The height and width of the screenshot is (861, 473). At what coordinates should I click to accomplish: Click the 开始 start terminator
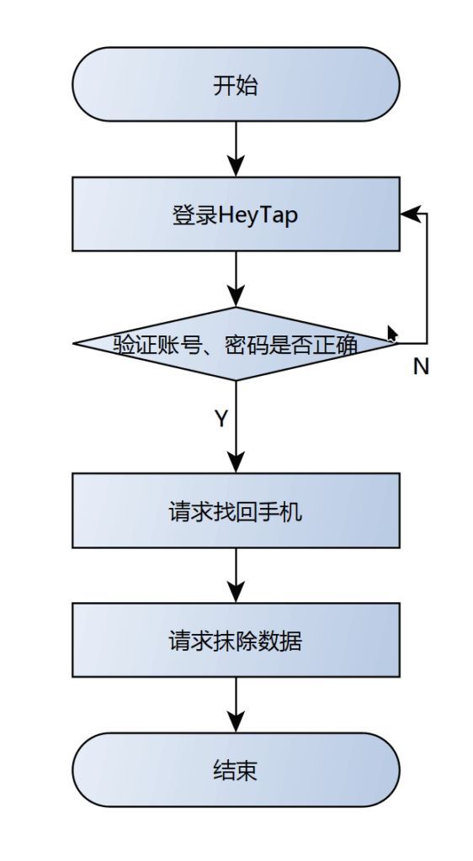point(236,84)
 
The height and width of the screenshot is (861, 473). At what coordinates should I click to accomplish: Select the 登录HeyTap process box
point(236,214)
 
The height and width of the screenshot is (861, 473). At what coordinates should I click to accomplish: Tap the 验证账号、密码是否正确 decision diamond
point(236,344)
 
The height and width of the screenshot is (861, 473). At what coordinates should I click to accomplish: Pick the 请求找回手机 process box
point(236,510)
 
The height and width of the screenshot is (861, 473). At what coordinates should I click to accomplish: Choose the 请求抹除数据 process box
point(236,640)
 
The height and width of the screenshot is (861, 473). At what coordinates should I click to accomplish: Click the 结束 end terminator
point(236,770)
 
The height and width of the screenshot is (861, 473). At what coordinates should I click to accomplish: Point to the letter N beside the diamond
point(421,367)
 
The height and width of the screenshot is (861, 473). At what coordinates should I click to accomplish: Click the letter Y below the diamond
point(221,419)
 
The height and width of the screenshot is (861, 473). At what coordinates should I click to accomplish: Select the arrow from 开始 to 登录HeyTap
point(236,149)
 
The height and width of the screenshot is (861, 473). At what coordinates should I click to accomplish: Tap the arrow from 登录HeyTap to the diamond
point(236,279)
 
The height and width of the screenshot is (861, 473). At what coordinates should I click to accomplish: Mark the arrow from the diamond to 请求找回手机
point(236,426)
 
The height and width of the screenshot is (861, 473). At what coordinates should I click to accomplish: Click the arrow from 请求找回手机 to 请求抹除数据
point(236,575)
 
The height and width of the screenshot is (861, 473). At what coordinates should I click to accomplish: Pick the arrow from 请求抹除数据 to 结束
point(236,705)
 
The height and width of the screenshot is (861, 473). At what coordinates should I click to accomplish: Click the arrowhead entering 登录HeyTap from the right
point(410,214)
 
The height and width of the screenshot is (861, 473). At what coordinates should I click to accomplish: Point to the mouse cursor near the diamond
point(391,334)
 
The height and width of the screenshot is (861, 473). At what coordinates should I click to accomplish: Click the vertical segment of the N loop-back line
point(427,278)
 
